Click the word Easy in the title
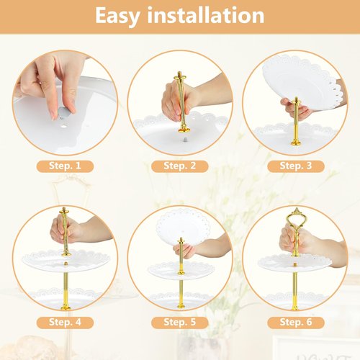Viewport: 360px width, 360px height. [x=117, y=16]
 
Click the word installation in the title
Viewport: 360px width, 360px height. [x=206, y=15]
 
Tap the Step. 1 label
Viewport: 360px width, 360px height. [x=65, y=166]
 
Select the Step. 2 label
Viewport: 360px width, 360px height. [x=179, y=166]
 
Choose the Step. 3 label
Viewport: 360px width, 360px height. [x=296, y=166]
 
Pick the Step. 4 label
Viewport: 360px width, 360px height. [x=65, y=323]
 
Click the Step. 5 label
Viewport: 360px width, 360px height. [x=179, y=323]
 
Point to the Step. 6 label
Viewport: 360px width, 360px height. [x=296, y=323]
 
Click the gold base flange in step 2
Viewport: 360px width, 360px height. [x=184, y=130]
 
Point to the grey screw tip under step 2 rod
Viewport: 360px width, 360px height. [x=185, y=140]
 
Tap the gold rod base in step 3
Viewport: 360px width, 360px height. [x=296, y=143]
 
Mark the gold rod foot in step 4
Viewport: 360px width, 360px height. [x=66, y=307]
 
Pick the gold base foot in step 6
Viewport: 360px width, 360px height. [x=295, y=307]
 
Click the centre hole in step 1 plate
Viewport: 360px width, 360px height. [x=64, y=125]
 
